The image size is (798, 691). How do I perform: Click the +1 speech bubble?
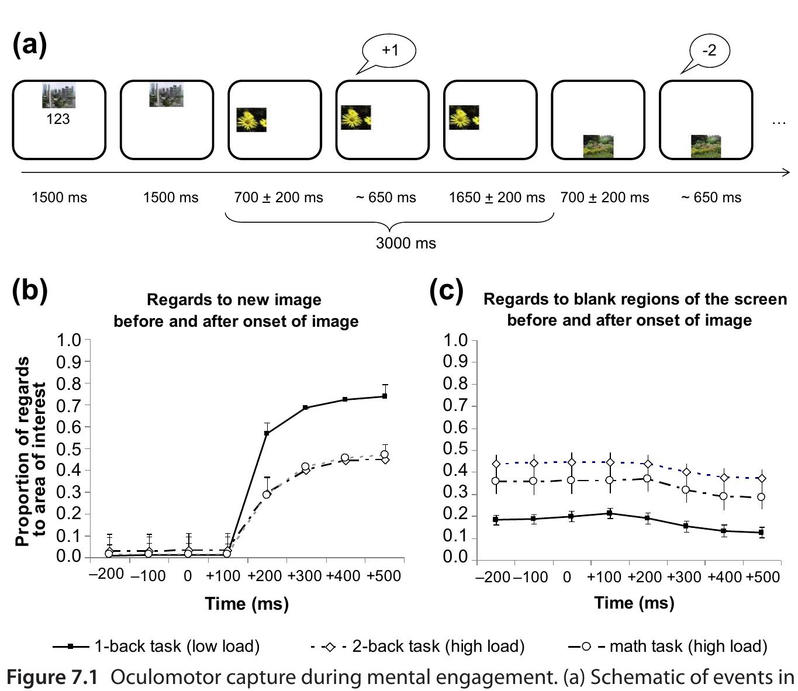[x=389, y=50]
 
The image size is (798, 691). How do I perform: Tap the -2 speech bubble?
[x=709, y=50]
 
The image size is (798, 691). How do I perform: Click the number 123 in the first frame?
[x=58, y=119]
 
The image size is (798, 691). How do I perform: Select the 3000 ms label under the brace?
[x=406, y=243]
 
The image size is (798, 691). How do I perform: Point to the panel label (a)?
[x=29, y=44]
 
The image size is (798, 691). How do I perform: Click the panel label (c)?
[x=446, y=290]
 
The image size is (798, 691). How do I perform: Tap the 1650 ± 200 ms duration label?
[x=496, y=198]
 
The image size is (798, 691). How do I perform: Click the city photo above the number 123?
[x=58, y=95]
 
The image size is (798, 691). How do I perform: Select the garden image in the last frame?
[x=706, y=147]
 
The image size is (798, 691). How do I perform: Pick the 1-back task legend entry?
[x=156, y=646]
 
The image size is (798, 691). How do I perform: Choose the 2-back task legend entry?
[x=418, y=646]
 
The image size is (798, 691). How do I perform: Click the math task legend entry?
[x=668, y=646]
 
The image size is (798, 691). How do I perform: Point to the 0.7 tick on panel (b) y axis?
[x=68, y=405]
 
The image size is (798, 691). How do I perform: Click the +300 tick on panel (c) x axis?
[x=684, y=577]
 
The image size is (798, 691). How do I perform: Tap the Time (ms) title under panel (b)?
[x=247, y=603]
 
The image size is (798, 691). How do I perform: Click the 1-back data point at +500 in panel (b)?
[x=385, y=396]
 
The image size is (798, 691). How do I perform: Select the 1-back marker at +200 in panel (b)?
[x=267, y=433]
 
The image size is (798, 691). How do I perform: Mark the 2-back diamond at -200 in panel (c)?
[x=496, y=464]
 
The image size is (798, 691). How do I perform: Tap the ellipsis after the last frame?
[x=779, y=123]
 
